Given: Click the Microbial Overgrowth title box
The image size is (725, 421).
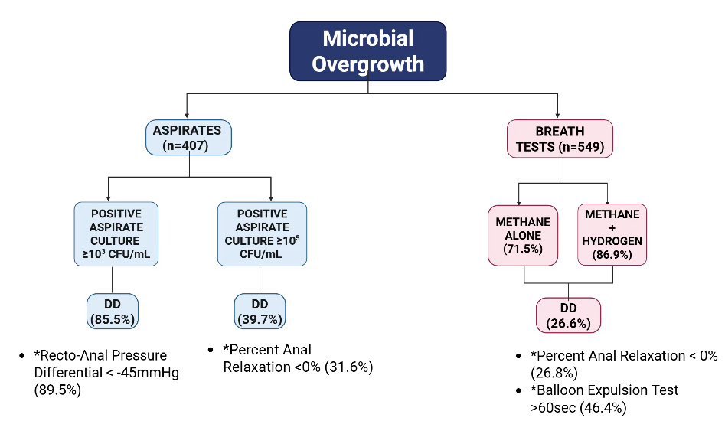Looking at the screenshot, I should click(367, 51).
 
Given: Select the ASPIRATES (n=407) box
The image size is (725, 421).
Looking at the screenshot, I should click(187, 138).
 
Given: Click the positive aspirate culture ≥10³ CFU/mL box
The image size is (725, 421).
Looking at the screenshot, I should click(117, 233).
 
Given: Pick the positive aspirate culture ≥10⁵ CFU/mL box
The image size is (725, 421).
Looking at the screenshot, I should click(262, 233).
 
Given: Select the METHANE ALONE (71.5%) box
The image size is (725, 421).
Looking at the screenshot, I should click(523, 233).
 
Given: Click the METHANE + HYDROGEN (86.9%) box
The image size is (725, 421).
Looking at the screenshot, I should click(612, 233).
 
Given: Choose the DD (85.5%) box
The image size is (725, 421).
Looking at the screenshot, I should click(113, 310).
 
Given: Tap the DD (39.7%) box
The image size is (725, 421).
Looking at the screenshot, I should click(259, 310).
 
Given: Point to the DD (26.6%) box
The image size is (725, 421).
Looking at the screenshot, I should click(568, 315).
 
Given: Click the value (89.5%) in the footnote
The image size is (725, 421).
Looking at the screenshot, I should click(58, 389).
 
